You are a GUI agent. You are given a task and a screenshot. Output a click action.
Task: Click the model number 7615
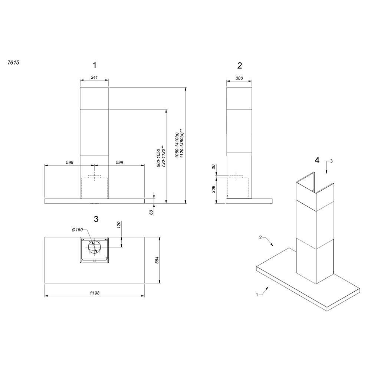13,63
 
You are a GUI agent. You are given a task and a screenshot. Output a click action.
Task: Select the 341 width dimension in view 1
94,77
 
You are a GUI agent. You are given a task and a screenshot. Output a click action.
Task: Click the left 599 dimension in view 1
69,162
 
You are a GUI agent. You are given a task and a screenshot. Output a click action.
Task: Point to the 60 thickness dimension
151,212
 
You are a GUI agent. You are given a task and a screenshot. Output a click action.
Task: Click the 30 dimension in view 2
213,167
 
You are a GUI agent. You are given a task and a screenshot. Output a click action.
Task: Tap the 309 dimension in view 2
213,189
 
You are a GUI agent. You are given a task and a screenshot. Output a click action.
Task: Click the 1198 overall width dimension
94,293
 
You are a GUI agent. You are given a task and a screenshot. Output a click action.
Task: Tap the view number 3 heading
96,219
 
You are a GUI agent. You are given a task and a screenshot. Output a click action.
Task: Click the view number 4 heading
317,160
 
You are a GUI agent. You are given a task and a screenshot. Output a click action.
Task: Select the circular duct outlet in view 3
94,247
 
